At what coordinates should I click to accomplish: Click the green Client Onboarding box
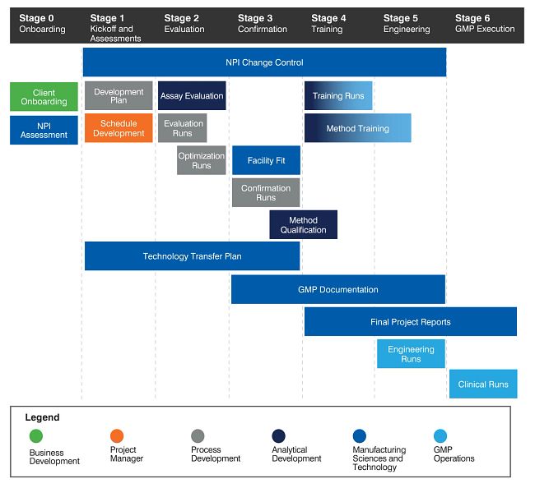[44, 97]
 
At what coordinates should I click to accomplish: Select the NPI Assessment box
[44, 130]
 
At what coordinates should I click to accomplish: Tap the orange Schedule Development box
[119, 128]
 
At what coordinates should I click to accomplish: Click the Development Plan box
[119, 95]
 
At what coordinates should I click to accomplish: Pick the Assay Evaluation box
[192, 95]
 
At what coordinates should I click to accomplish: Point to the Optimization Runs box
[201, 160]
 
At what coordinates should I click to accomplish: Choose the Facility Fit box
[266, 160]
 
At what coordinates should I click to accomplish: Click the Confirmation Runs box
[265, 193]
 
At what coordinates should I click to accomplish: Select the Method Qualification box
[303, 225]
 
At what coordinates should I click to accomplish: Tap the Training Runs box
[338, 95]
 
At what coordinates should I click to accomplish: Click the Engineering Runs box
[411, 354]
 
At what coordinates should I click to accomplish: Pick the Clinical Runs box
[483, 384]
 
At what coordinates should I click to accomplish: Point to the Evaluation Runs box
[182, 128]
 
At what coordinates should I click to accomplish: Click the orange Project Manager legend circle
[117, 435]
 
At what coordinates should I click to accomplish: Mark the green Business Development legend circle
[35, 435]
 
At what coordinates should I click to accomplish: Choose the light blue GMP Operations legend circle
[440, 435]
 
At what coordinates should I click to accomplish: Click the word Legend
[42, 417]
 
